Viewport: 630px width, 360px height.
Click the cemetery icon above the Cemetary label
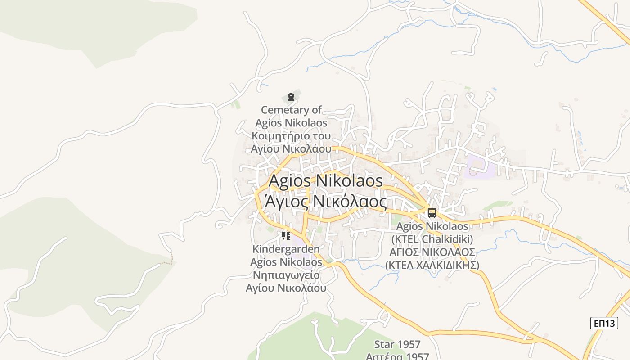pos(291,96)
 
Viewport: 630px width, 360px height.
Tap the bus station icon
pos(432,213)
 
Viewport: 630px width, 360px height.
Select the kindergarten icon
pos(286,235)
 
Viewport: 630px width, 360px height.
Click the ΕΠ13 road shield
pos(604,323)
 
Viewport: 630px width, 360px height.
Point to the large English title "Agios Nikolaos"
pos(326,181)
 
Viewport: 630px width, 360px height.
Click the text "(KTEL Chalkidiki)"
pos(432,238)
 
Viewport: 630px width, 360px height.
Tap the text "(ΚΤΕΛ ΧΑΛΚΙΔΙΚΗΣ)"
pos(432,265)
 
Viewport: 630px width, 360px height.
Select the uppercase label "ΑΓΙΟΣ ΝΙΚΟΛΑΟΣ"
pos(432,252)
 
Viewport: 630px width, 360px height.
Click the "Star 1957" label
pos(397,345)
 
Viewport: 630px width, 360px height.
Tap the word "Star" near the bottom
pos(384,345)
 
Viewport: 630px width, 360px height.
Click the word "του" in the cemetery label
pos(321,136)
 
